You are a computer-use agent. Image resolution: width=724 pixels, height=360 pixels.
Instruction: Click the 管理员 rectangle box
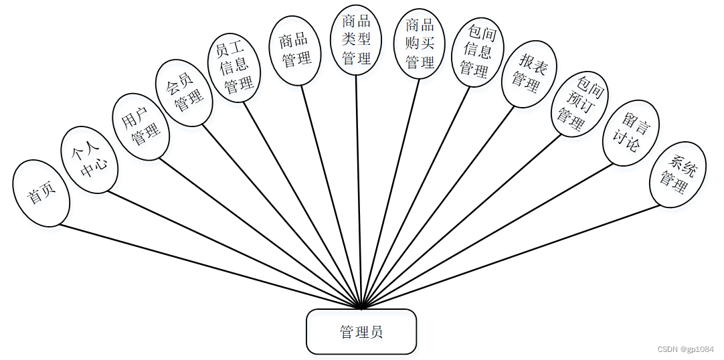point(361,331)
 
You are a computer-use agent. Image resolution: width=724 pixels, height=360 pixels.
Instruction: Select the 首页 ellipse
point(41,193)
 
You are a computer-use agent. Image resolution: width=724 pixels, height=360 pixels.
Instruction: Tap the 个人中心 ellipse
point(90,161)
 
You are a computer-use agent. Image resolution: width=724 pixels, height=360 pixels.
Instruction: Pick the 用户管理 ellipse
point(141,126)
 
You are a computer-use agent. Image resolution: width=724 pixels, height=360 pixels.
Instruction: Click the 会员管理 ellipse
point(184,93)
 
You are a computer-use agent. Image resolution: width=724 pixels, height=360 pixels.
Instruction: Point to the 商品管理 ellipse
point(294,51)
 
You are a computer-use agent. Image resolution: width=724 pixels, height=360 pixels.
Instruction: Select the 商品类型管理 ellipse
point(356,39)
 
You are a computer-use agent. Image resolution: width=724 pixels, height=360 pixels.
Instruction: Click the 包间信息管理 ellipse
point(477,52)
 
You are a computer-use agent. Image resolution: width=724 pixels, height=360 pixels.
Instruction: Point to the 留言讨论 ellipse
point(631,133)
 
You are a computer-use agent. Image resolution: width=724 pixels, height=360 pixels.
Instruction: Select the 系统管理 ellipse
point(677,173)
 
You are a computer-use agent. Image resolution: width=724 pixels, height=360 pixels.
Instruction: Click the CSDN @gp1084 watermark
point(686,349)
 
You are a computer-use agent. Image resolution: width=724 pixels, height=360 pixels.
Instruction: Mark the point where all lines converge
point(361,308)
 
